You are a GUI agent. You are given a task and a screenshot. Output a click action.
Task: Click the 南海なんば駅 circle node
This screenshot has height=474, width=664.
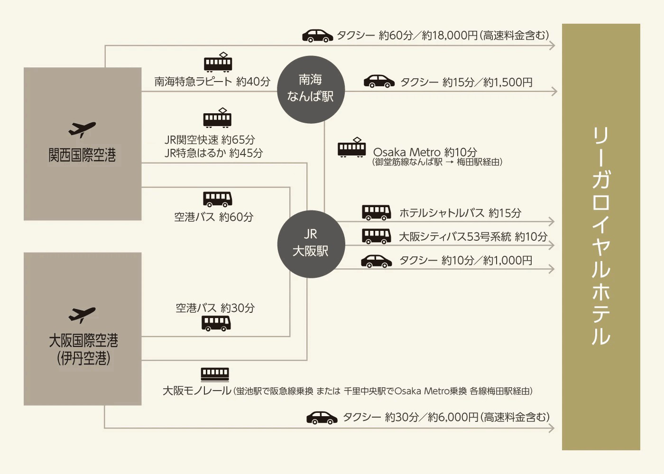tap(311, 89)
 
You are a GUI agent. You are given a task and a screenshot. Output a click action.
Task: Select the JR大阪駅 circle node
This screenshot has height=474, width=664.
tap(311, 244)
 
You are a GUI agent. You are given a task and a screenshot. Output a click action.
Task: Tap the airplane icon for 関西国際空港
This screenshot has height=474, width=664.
tap(82, 129)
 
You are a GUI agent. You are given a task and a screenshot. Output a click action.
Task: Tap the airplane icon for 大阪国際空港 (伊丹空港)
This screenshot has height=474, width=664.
tap(82, 315)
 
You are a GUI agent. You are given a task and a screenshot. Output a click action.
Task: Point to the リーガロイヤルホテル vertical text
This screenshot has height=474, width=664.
tap(600, 236)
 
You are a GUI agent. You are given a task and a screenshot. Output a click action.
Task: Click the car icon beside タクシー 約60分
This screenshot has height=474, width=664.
tap(318, 36)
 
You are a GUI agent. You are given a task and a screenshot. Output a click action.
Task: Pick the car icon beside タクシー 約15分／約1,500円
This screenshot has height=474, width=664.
tap(379, 82)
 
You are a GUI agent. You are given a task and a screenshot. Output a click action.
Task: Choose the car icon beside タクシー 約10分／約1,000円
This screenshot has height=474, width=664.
tap(377, 261)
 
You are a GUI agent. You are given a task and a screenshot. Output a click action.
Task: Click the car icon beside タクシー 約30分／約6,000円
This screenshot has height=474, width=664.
tap(322, 417)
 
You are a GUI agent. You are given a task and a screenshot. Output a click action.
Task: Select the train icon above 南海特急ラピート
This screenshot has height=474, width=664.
tap(218, 63)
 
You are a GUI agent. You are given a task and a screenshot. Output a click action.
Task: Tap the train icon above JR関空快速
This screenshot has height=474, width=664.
tap(218, 118)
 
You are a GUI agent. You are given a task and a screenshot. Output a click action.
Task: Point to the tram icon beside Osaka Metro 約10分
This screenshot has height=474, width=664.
tap(351, 147)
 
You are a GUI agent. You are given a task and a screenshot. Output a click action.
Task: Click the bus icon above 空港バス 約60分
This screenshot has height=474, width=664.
tap(218, 199)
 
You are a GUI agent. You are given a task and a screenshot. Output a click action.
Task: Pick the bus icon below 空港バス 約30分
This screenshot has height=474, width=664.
tap(216, 323)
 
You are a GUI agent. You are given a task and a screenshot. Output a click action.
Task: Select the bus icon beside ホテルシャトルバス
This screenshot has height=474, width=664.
tap(377, 212)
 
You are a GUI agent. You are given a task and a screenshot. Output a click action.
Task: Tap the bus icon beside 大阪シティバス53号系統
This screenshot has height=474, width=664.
tap(377, 236)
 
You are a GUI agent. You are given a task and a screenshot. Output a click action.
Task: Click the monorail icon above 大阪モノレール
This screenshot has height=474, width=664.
tap(215, 374)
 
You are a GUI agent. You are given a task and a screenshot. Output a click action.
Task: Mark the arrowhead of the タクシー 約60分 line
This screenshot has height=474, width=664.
tap(552, 46)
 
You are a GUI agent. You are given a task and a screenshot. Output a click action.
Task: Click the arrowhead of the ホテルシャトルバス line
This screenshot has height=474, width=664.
tap(552, 221)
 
